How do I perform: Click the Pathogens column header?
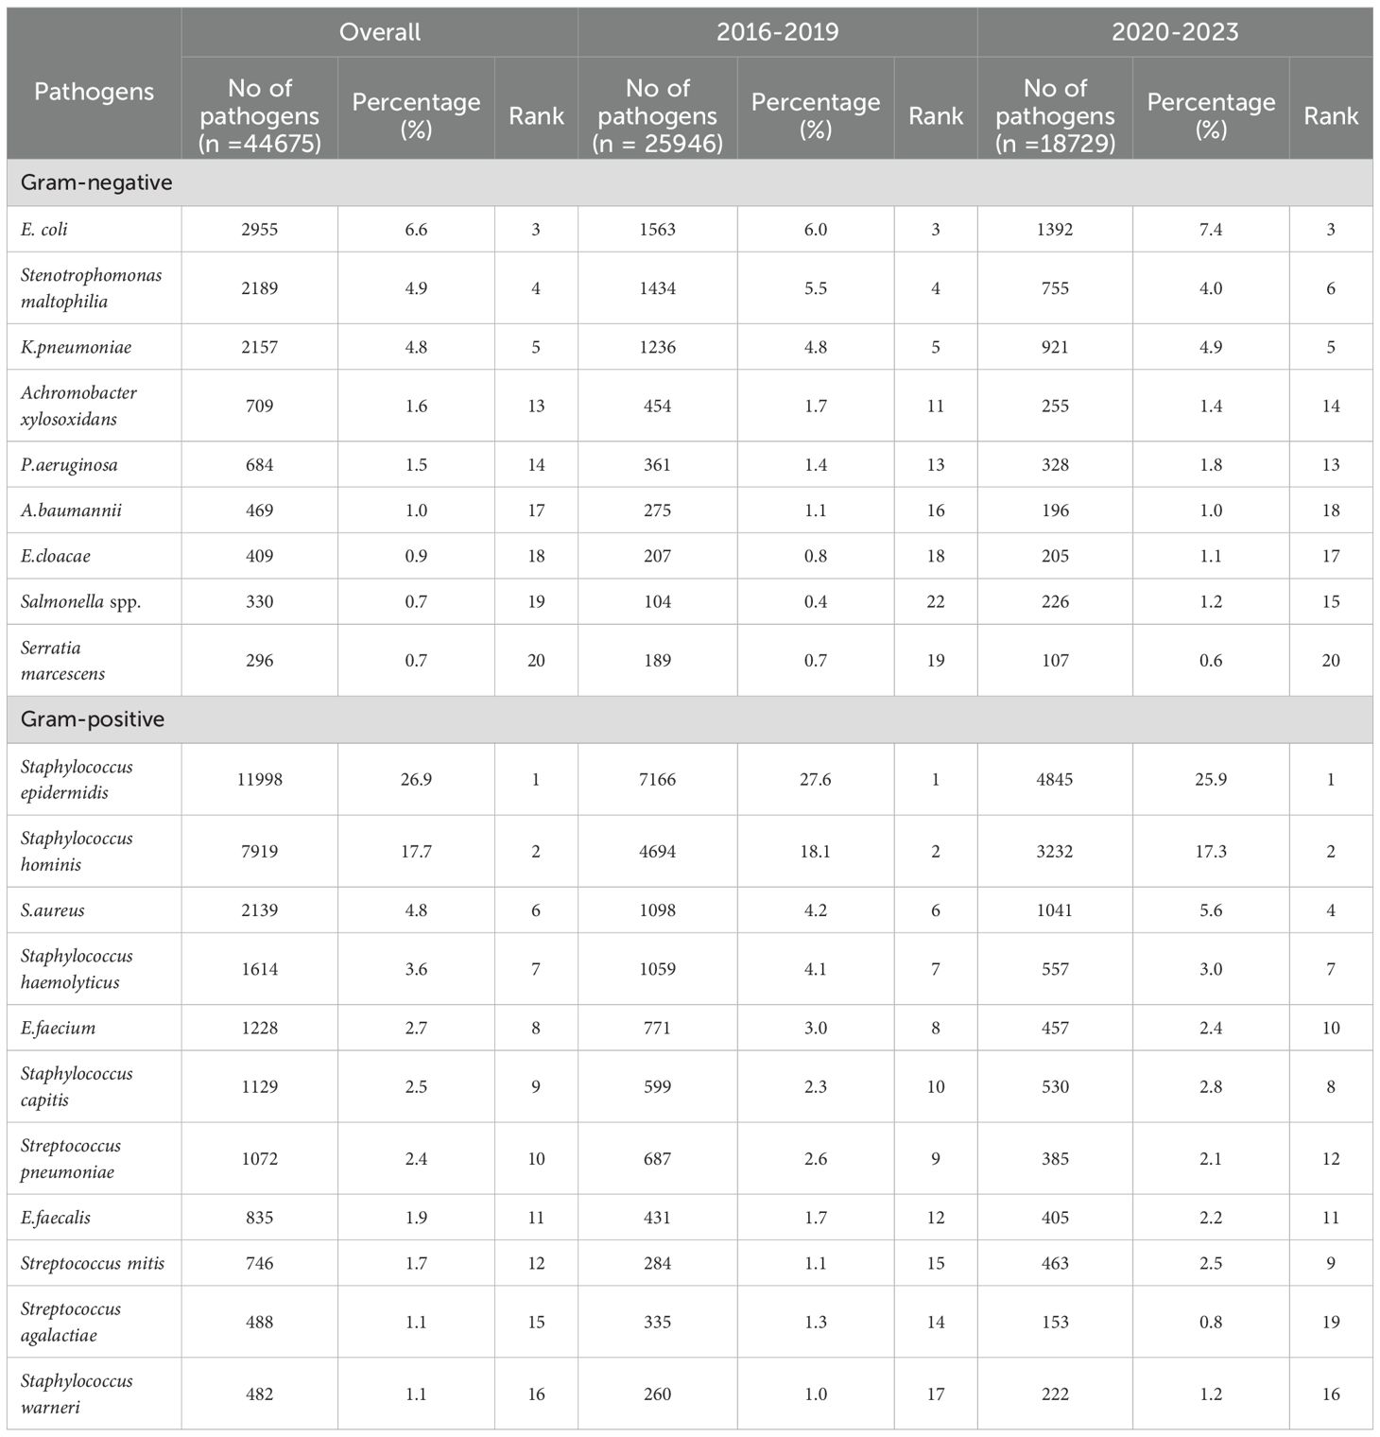[x=94, y=92]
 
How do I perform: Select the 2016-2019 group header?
[x=777, y=32]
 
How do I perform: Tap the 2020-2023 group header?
[x=1174, y=32]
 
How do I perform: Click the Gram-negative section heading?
[x=96, y=182]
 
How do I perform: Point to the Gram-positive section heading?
[x=93, y=719]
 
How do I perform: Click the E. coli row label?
[x=44, y=230]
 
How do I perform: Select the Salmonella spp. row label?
[x=80, y=601]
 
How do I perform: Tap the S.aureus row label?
[x=53, y=910]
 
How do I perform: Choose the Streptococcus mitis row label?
[x=93, y=1263]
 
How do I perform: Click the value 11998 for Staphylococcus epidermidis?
[x=259, y=779]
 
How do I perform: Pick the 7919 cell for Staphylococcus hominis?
[x=259, y=851]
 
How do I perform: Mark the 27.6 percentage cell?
[x=815, y=779]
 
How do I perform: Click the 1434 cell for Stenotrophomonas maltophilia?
[x=657, y=288]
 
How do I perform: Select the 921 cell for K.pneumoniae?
[x=1055, y=347]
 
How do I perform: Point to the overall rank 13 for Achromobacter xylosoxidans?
[x=536, y=406]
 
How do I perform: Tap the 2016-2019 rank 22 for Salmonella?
[x=935, y=601]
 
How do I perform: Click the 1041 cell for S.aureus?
[x=1055, y=910]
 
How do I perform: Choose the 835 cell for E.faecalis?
[x=259, y=1218]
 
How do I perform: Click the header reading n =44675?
[x=260, y=144]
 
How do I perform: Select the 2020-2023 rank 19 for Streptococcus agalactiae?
[x=1331, y=1322]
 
